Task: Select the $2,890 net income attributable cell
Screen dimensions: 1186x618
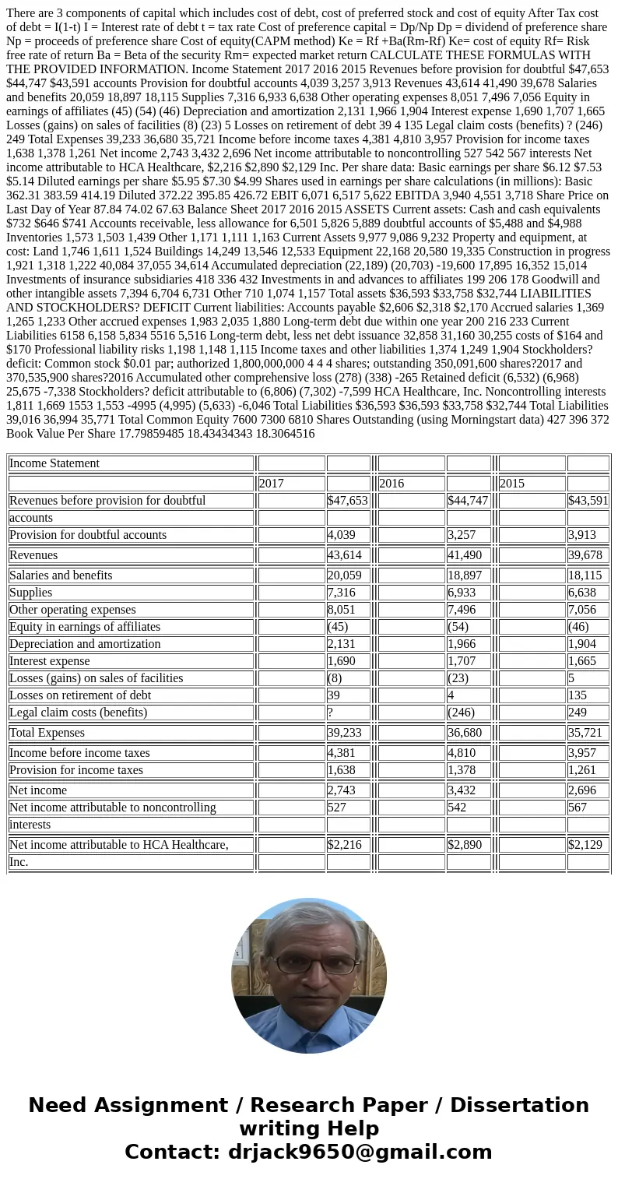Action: [468, 845]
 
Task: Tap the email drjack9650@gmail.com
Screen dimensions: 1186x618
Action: [360, 1153]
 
